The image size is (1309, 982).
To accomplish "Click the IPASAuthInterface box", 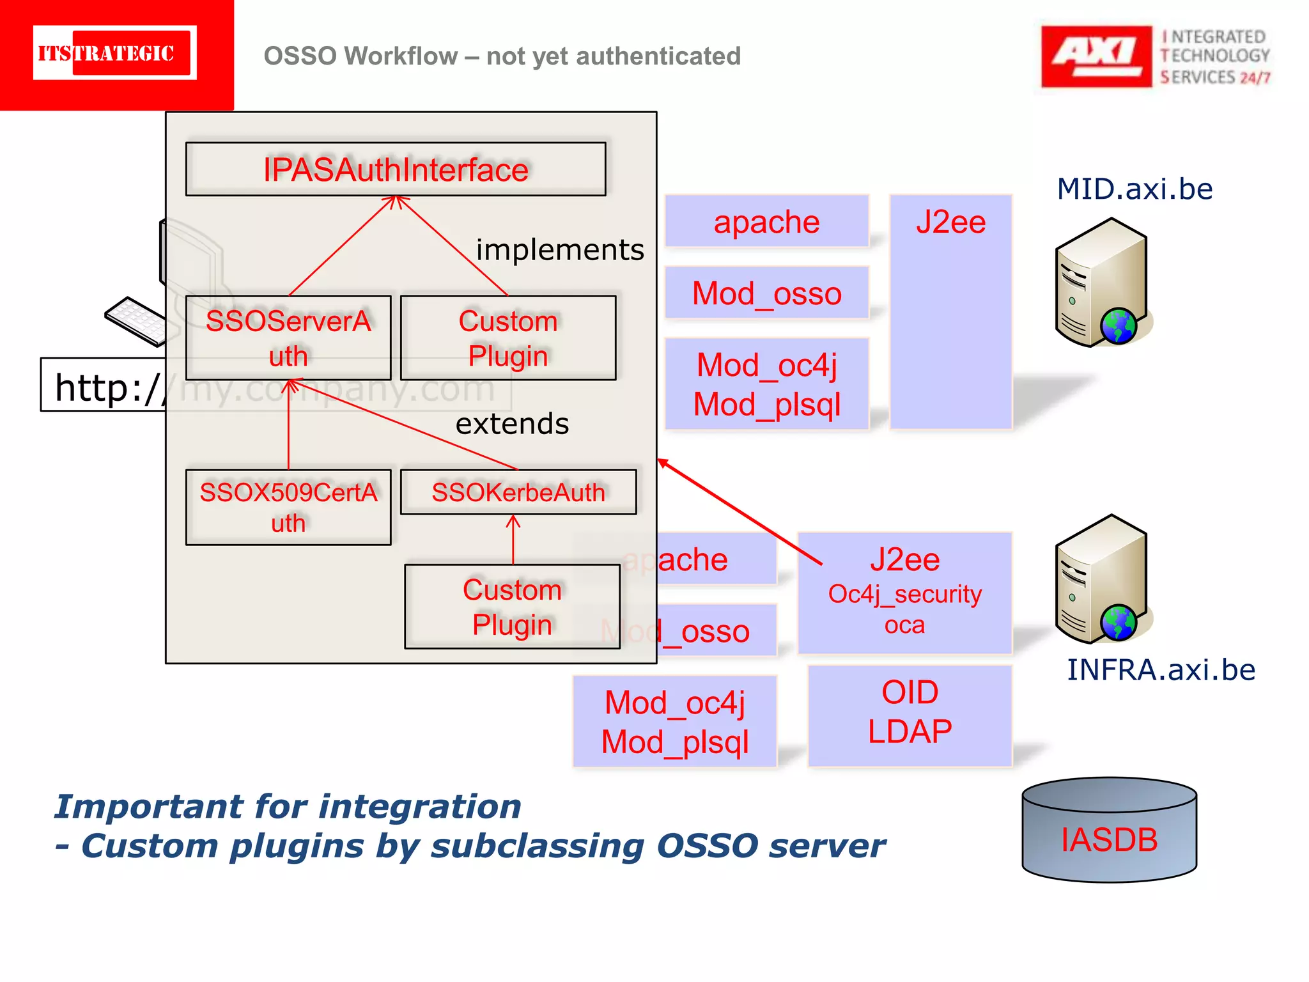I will click(x=396, y=169).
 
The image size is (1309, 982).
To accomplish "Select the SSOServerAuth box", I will click(x=288, y=338).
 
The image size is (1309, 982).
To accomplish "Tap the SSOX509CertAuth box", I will click(x=288, y=508).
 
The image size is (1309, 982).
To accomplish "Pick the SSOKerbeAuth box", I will click(x=518, y=492).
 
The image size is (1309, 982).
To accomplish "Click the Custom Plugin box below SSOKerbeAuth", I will click(x=513, y=607).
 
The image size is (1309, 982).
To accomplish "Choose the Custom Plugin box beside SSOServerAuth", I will click(x=508, y=338).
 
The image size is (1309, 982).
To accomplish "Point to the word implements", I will click(x=560, y=249).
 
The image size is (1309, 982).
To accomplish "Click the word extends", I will click(x=512, y=424).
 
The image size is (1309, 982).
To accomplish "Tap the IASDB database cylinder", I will click(x=1109, y=831).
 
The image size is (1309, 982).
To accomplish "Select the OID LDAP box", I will click(x=910, y=712).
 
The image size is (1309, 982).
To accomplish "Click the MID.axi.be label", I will click(x=1135, y=189).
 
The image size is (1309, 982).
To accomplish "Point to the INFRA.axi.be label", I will click(x=1161, y=670).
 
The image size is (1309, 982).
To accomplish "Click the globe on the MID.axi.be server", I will click(x=1119, y=326).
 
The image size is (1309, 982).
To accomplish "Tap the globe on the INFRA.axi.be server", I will click(x=1119, y=622).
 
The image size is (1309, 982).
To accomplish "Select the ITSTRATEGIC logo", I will click(x=114, y=53).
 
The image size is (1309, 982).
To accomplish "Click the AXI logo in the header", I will click(x=1096, y=56).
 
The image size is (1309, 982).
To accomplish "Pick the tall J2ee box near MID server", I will click(x=950, y=311).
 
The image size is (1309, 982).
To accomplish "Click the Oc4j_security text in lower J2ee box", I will click(x=904, y=595).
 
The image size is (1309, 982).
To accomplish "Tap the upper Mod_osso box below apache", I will click(x=766, y=293).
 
